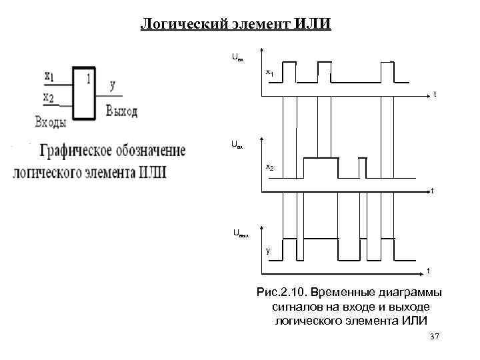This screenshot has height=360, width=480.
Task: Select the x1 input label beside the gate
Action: (49, 76)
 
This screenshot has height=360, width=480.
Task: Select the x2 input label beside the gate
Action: (49, 97)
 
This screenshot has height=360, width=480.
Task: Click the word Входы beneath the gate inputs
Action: (51, 121)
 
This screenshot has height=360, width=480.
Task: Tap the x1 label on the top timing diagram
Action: (269, 71)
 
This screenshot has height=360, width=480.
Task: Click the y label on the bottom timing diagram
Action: (268, 251)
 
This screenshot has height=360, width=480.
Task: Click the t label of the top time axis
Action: (435, 95)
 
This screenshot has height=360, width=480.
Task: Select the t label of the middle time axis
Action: (432, 191)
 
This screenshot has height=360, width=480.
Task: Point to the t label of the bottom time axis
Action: (428, 271)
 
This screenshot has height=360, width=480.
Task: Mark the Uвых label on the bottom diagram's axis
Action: (241, 234)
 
